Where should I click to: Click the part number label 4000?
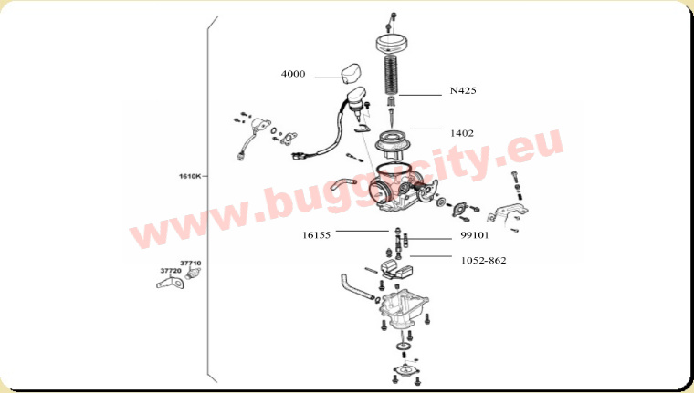[x=293, y=74]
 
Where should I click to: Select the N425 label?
[x=463, y=90]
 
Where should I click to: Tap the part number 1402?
[x=462, y=133]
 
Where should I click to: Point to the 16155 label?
[x=316, y=235]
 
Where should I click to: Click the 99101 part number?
[x=475, y=235]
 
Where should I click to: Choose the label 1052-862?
[x=483, y=261]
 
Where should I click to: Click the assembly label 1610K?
[x=190, y=176]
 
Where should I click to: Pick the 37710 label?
[x=190, y=263]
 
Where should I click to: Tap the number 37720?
[x=171, y=271]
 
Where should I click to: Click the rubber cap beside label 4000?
[x=350, y=73]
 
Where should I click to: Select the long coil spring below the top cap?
[x=391, y=74]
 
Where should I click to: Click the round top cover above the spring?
[x=391, y=44]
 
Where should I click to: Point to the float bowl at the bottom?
[x=404, y=309]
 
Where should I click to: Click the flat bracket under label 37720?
[x=170, y=282]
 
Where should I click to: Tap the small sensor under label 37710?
[x=193, y=274]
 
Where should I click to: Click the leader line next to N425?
[x=420, y=95]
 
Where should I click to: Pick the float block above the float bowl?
[x=396, y=269]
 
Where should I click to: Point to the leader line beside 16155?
[x=363, y=231]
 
